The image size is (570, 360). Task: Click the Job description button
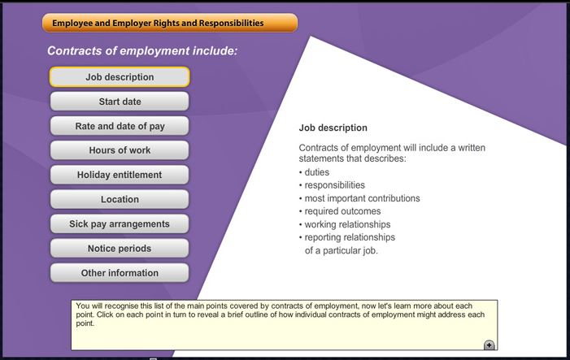tap(120, 77)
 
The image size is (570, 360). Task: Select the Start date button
tap(120, 102)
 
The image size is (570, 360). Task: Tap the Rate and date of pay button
tap(120, 126)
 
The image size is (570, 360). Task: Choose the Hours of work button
tap(120, 150)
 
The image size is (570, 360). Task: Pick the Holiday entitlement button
tap(120, 175)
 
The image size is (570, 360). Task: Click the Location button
tap(120, 199)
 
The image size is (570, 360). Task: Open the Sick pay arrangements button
tap(120, 223)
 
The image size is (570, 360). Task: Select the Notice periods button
tap(120, 249)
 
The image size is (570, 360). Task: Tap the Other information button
tap(120, 273)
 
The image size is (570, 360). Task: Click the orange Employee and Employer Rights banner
tap(170, 23)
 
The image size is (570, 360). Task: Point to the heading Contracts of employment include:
tap(142, 51)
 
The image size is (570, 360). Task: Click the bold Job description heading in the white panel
tap(333, 128)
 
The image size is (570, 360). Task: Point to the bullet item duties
tap(316, 172)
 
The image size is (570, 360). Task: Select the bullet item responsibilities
tap(334, 185)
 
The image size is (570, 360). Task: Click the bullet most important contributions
tap(362, 198)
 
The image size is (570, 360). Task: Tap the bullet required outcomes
tap(342, 211)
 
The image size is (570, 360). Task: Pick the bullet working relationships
tap(347, 224)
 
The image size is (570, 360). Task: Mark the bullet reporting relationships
tap(350, 237)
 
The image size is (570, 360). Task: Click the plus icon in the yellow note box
tap(489, 345)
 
